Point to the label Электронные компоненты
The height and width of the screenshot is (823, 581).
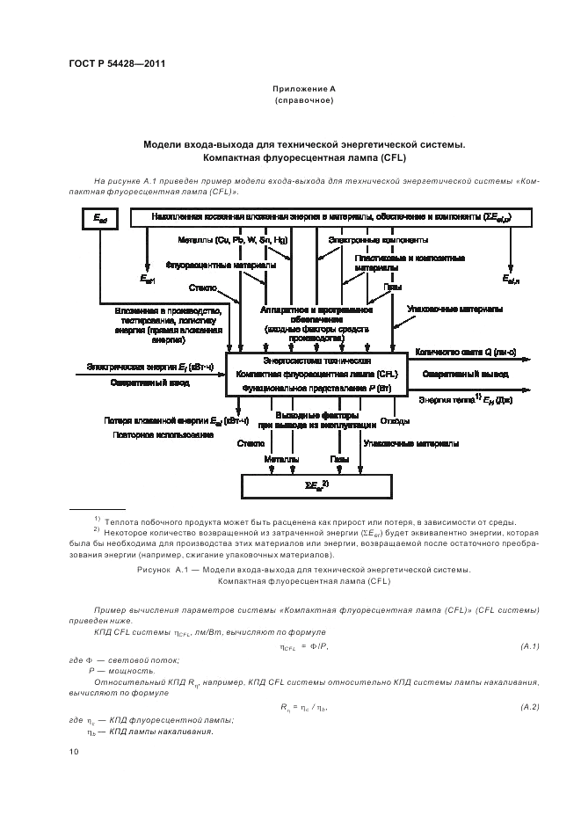point(379,239)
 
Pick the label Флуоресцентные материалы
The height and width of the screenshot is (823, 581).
point(221,264)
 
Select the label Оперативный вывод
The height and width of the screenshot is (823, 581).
point(462,374)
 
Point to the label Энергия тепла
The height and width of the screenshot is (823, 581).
point(467,398)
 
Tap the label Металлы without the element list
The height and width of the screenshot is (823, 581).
point(282,459)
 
